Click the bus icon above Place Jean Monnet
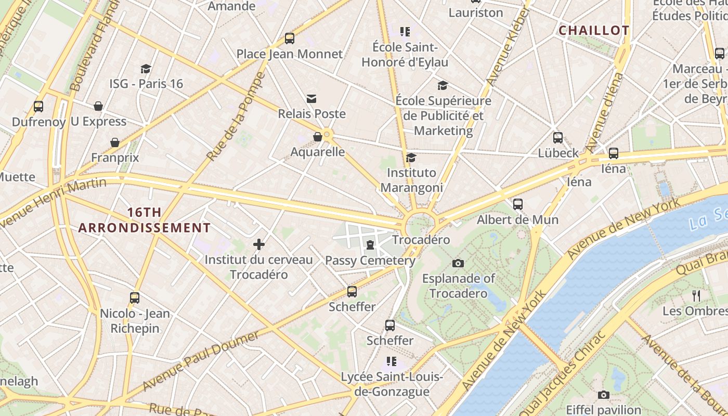(x=290, y=38)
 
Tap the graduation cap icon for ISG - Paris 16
(x=146, y=69)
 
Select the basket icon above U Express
(x=98, y=107)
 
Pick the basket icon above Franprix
(x=115, y=142)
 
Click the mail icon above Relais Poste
(x=311, y=99)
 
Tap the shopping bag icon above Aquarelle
(x=318, y=137)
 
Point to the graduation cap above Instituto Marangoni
(x=411, y=158)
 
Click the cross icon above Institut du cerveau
(x=259, y=244)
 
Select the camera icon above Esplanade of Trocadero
(x=458, y=264)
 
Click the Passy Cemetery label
(x=370, y=261)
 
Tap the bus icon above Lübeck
(x=558, y=138)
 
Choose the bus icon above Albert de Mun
(x=518, y=204)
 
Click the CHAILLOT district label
(x=594, y=31)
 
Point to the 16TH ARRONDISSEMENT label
(x=145, y=220)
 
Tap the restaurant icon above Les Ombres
(x=696, y=296)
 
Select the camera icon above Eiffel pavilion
(x=603, y=395)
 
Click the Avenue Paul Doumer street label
(x=201, y=360)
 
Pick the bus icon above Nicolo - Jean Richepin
(x=135, y=298)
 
